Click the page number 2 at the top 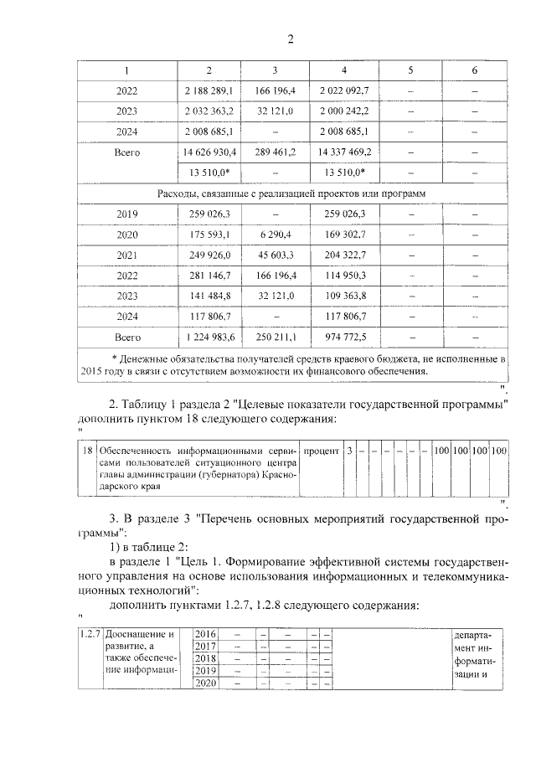(x=291, y=39)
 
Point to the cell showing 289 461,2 (x=275, y=152)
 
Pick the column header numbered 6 (x=474, y=70)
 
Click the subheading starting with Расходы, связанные (x=291, y=193)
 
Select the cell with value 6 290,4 (x=275, y=235)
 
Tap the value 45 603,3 (x=275, y=255)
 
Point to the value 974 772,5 (x=343, y=338)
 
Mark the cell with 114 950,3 (x=343, y=276)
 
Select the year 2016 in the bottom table (x=205, y=633)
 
